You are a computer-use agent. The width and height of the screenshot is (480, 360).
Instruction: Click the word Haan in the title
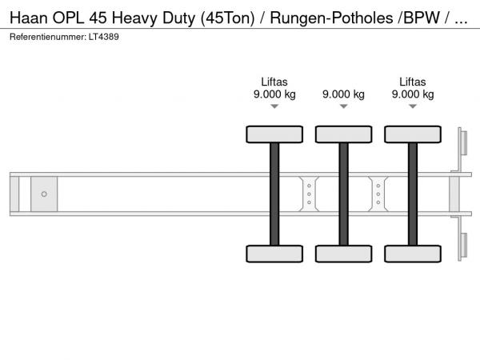(29, 18)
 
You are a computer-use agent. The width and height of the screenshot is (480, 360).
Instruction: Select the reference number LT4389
(104, 37)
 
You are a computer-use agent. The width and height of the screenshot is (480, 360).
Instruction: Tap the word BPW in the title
(422, 18)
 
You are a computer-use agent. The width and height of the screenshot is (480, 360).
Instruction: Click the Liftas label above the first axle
(274, 82)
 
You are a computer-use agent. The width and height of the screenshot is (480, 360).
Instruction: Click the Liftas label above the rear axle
(413, 82)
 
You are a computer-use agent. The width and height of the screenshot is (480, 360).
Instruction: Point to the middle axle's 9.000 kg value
(343, 94)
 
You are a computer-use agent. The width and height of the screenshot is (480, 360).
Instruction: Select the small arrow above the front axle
(274, 106)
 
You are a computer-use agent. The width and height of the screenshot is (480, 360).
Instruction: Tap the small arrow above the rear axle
(413, 106)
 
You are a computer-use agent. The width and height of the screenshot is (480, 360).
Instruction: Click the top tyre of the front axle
(274, 134)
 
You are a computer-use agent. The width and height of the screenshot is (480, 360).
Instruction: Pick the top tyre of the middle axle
(344, 134)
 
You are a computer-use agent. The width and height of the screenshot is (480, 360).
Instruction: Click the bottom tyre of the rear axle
(413, 254)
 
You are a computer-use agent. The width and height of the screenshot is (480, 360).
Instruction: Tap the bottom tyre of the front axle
(274, 254)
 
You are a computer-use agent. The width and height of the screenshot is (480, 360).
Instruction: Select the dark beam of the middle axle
(344, 194)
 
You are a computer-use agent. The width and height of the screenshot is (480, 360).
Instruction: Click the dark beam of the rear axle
(413, 194)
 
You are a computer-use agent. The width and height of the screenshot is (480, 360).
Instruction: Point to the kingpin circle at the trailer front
(44, 194)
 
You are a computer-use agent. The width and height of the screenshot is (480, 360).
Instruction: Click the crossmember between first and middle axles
(309, 194)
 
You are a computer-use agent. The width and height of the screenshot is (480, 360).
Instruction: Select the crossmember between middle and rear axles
(378, 194)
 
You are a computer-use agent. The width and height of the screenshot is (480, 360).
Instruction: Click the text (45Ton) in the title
(228, 18)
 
